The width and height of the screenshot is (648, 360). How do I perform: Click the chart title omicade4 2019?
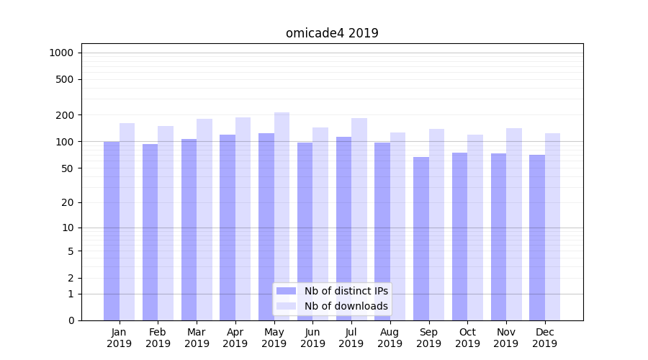332,33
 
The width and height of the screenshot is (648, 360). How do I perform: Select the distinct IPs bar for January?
112,230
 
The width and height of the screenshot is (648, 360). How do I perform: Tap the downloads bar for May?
282,216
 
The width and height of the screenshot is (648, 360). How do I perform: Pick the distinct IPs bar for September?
421,238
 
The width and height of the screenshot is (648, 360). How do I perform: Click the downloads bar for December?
552,227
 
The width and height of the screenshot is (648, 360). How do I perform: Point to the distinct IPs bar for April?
228,227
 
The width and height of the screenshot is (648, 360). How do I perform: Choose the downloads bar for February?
166,223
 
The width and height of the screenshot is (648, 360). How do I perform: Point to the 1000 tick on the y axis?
61,53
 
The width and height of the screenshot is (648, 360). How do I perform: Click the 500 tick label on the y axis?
65,79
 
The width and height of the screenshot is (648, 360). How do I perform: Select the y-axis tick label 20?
68,202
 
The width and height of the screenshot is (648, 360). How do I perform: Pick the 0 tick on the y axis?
71,320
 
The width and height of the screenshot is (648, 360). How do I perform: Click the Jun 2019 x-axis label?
312,338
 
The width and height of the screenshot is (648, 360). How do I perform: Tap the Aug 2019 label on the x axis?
390,338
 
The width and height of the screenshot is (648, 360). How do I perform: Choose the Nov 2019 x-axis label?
505,338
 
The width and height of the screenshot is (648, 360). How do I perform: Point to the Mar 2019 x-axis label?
197,338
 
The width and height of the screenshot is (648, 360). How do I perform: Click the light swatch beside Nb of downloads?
286,306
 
